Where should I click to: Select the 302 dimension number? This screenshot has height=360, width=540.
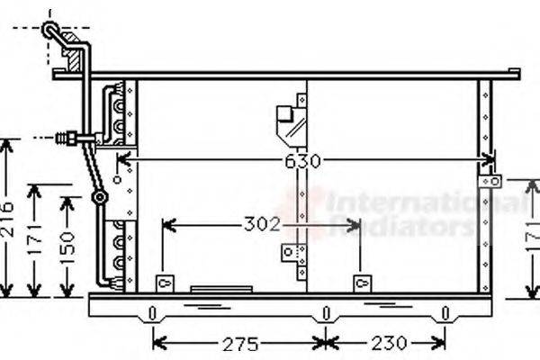[262, 224]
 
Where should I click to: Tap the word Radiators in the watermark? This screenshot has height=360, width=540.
[400, 225]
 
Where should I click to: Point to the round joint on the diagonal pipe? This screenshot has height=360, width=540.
[100, 195]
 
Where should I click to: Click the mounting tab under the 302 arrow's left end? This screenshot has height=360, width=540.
[163, 283]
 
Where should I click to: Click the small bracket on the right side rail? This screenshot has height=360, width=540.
[489, 182]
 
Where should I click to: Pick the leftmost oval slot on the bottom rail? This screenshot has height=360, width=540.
[153, 314]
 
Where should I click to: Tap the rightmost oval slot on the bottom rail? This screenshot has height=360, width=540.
[445, 314]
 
